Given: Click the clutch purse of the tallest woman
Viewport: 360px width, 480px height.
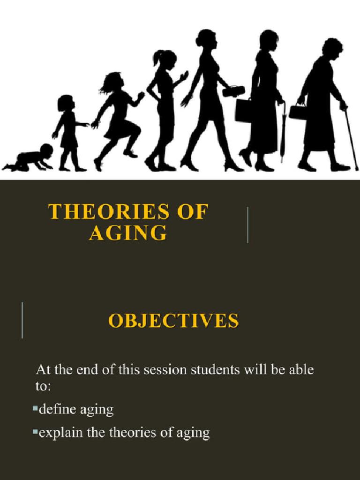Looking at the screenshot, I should pos(233,91).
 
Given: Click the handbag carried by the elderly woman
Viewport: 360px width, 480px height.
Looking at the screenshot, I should pos(298,112).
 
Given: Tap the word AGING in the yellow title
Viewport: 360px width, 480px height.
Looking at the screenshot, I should pos(127,232).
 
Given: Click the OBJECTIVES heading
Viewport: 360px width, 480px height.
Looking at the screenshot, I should pos(173,321).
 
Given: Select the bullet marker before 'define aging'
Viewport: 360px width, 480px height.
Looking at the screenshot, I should pos(35,409).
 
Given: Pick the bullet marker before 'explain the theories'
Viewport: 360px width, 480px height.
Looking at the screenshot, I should pos(35,432).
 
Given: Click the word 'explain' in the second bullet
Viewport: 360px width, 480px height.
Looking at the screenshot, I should pos(60,433).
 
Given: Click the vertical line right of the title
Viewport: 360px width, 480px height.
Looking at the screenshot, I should pos(247,225).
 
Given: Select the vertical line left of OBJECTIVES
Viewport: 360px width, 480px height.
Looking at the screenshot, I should pos(22,320).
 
